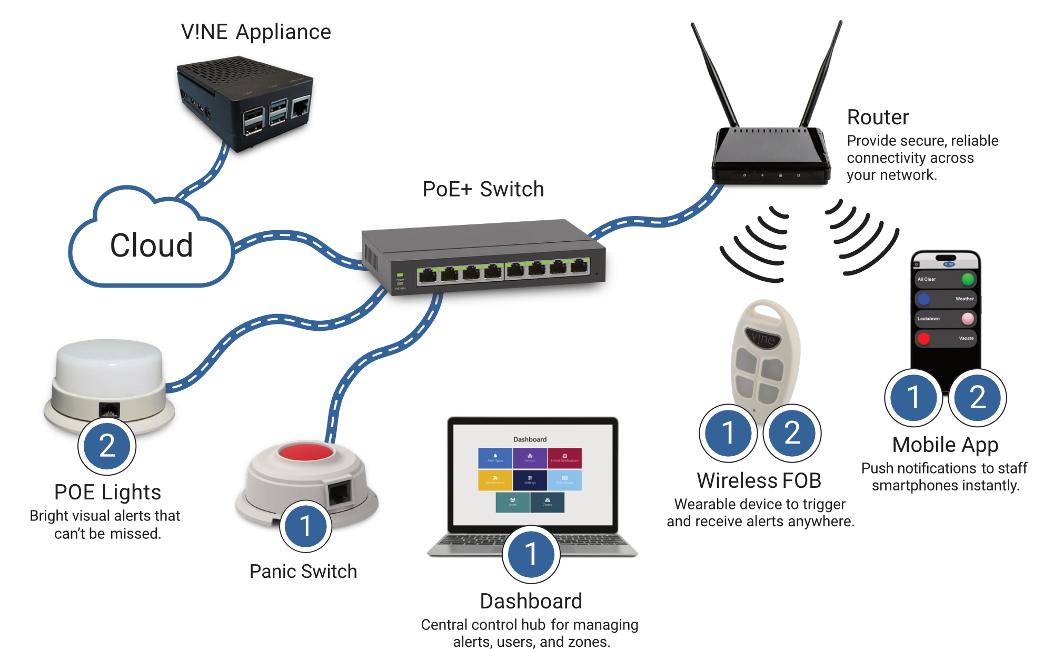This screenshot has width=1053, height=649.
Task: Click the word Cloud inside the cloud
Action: tap(152, 245)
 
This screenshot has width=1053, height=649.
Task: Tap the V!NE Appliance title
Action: tap(256, 32)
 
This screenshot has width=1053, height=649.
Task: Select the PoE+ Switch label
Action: tap(483, 189)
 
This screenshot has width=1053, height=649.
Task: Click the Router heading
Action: tap(878, 117)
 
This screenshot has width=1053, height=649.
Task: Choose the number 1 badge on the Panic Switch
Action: tap(305, 526)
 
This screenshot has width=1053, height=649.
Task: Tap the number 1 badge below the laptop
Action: tap(531, 554)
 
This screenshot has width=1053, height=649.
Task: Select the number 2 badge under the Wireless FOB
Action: tap(792, 432)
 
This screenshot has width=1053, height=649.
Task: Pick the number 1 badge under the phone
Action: tap(913, 397)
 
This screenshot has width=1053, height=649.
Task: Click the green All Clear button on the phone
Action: tap(968, 279)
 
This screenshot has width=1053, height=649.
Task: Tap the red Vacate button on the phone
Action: tap(923, 338)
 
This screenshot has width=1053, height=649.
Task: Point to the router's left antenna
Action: tap(714, 74)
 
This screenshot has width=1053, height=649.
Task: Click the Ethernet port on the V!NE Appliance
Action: tap(300, 107)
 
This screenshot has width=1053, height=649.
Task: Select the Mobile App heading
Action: tap(945, 445)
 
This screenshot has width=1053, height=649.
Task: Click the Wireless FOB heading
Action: tap(759, 480)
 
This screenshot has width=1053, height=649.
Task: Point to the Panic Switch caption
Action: tap(303, 572)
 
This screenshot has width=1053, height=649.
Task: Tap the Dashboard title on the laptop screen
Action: tap(530, 439)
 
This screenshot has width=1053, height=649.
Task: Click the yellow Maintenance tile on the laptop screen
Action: tap(495, 480)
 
